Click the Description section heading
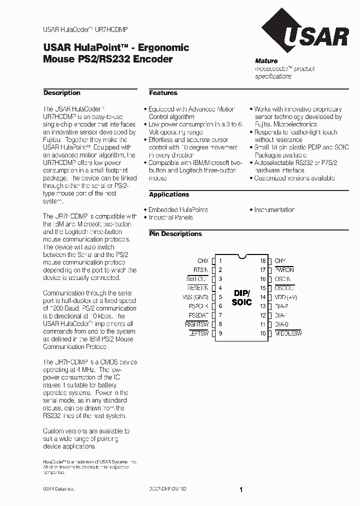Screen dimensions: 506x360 click(x=61, y=93)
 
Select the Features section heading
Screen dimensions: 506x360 click(x=163, y=93)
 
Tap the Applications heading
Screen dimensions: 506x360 click(x=169, y=194)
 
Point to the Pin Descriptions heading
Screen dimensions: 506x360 click(x=175, y=234)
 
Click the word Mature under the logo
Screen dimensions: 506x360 click(x=266, y=61)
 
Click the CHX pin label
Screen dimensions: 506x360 click(x=203, y=261)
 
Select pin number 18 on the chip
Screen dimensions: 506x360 click(x=262, y=261)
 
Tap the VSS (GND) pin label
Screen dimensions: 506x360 click(x=197, y=297)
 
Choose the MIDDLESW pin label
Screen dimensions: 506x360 click(x=288, y=333)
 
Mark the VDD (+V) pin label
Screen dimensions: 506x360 click(x=286, y=297)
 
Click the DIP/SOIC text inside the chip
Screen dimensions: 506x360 click(x=241, y=297)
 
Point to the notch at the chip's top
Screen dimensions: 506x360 click(x=242, y=257)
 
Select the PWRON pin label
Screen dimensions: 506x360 click(x=284, y=270)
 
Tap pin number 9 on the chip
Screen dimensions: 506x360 click(x=220, y=333)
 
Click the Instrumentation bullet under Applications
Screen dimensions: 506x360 click(x=274, y=210)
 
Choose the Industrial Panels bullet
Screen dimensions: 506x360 click(x=170, y=217)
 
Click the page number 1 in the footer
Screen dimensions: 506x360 click(x=241, y=490)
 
